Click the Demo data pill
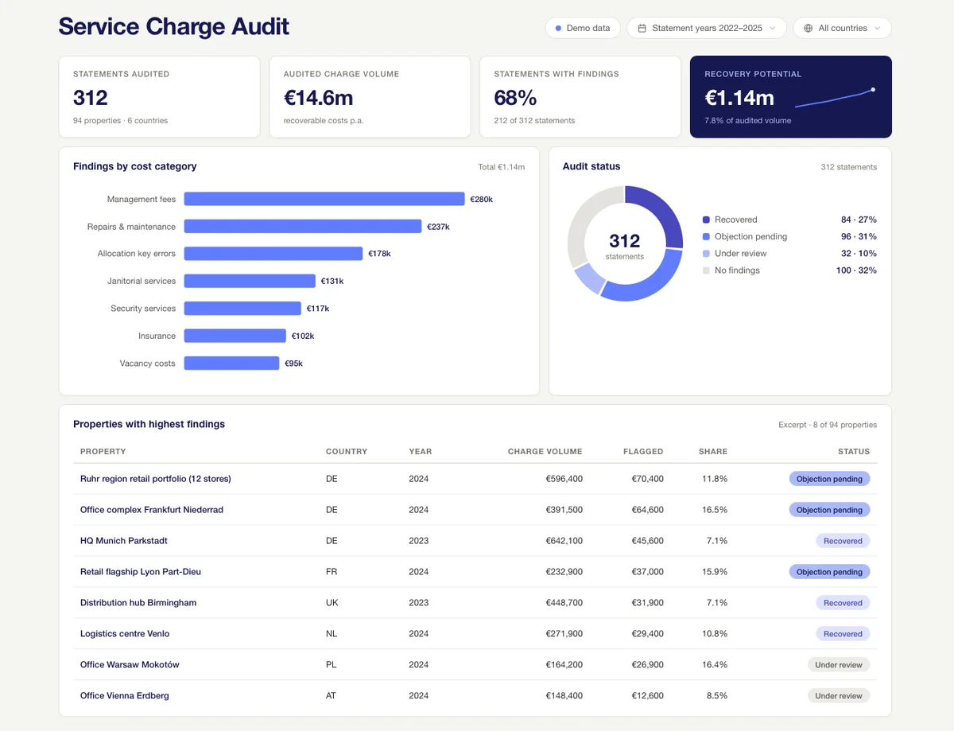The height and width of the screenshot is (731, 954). coord(582,28)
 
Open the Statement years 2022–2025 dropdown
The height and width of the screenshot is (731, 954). coord(707,28)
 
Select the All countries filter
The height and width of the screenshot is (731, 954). coord(842,28)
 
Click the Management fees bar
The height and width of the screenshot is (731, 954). coord(324,199)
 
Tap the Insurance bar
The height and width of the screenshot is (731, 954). coord(235,336)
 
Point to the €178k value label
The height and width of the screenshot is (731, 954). coord(379,254)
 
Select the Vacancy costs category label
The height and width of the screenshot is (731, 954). coord(147,364)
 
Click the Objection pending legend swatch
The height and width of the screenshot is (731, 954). coord(706,237)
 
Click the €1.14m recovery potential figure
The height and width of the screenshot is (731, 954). coord(739,98)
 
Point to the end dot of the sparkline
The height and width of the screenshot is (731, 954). coord(873,90)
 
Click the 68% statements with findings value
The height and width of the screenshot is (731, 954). coord(515,98)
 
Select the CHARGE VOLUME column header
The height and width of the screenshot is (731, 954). coord(545,451)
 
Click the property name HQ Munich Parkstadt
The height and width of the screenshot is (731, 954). coord(123,541)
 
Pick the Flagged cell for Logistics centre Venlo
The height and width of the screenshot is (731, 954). coord(647,634)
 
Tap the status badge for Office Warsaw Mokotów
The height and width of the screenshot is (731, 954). coord(838,665)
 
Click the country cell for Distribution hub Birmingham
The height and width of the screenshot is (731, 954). coord(332,603)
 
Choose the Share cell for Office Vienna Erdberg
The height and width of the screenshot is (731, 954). coord(716,696)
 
